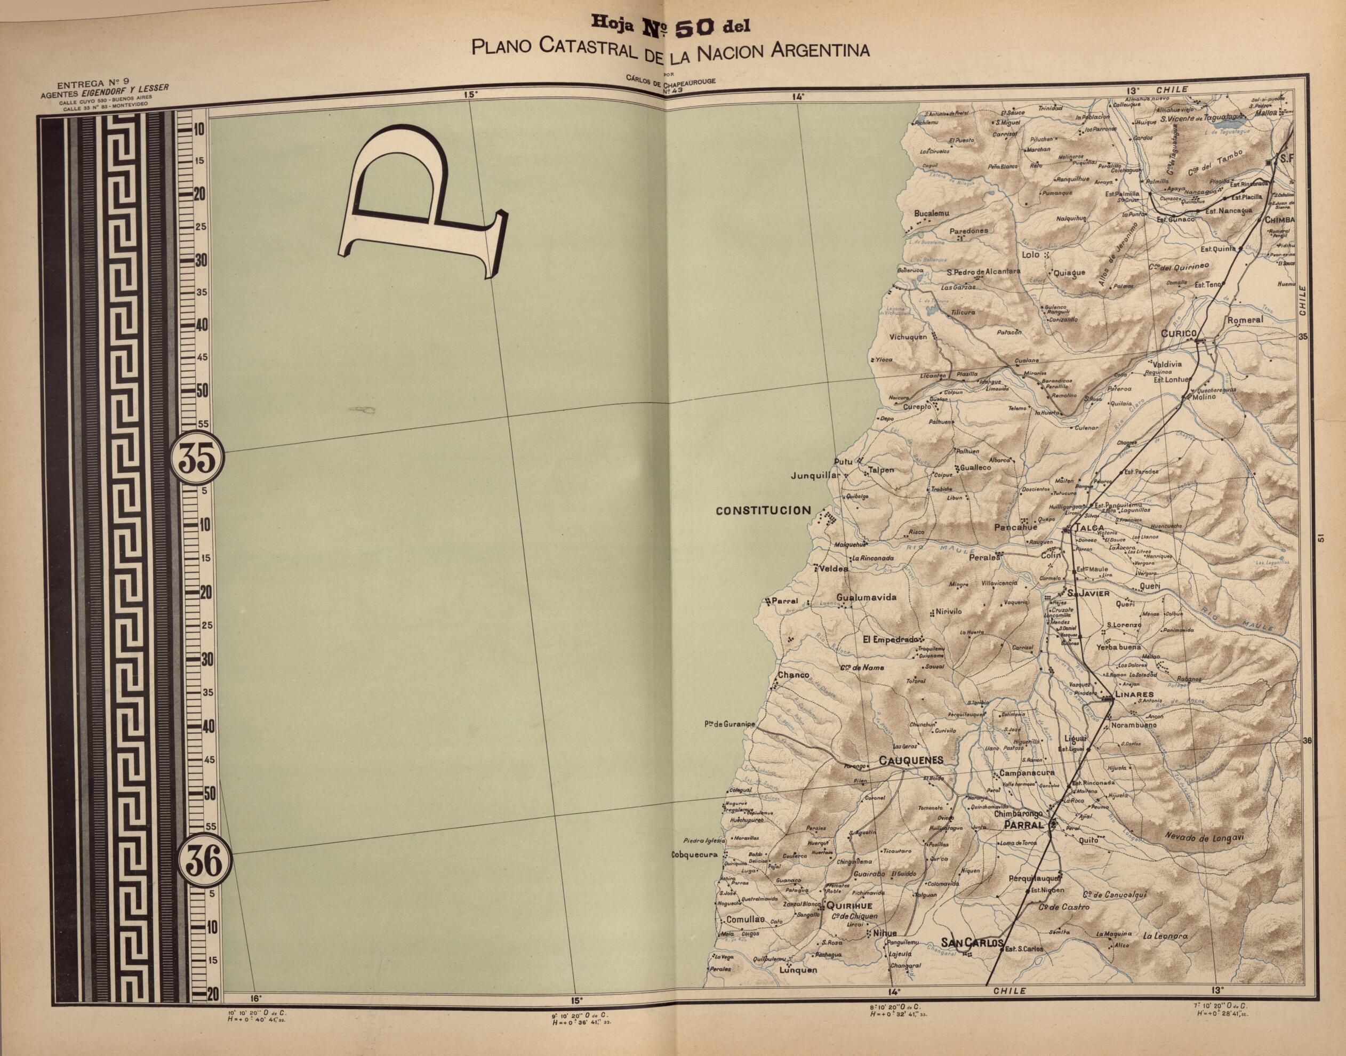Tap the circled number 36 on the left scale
click(203, 861)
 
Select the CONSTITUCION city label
click(763, 511)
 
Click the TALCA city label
click(1089, 528)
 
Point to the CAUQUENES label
click(911, 761)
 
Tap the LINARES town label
click(1134, 694)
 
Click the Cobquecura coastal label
click(694, 855)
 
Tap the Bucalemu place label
click(931, 213)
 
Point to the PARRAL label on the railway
click(1023, 825)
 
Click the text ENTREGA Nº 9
click(93, 85)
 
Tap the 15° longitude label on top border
click(470, 94)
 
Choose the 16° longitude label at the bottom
click(256, 998)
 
